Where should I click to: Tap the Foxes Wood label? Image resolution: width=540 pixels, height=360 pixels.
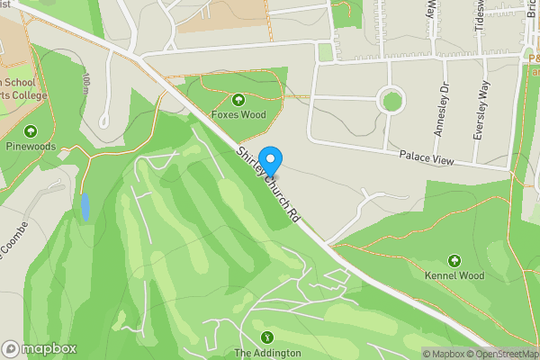click(x=238, y=114)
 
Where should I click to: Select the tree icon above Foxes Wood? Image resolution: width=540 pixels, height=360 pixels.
click(x=238, y=99)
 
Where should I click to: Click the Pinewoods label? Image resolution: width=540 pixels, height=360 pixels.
click(x=31, y=146)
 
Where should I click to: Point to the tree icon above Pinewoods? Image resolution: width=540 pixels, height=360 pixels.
click(x=31, y=130)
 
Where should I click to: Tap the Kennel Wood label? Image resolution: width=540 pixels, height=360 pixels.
click(x=454, y=275)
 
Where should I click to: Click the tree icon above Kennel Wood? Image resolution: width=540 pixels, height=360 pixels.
click(x=454, y=260)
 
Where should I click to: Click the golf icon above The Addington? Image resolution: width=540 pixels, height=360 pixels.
click(x=267, y=337)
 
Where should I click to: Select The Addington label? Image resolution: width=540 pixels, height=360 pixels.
click(x=267, y=353)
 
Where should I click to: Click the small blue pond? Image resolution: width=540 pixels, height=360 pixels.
click(x=85, y=207)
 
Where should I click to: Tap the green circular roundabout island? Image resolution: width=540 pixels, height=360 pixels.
click(x=391, y=100)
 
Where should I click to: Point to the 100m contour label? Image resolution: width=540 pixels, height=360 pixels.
click(x=85, y=85)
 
